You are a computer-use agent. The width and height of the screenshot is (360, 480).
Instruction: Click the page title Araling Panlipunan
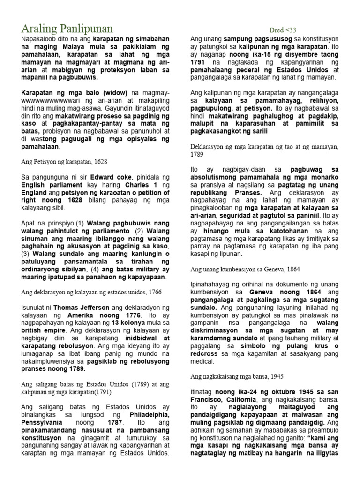[66, 29]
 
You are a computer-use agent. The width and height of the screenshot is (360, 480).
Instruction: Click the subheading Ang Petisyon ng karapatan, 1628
[65, 162]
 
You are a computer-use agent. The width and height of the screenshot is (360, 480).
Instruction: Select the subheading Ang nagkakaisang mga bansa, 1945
[243, 376]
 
